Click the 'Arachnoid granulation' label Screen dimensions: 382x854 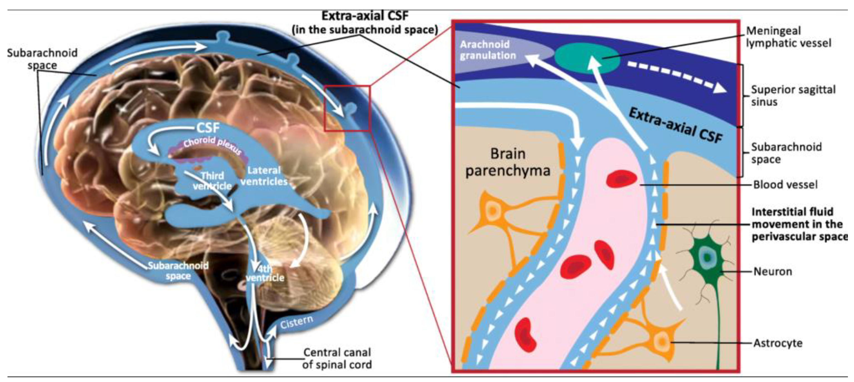tap(487, 50)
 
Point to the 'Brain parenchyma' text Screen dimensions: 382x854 tap(508, 162)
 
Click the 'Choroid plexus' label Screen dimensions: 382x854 tap(212, 145)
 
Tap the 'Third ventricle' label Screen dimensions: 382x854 tap(212, 180)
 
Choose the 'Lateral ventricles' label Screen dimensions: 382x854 tap(264, 176)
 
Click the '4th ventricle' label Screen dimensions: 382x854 tap(265, 273)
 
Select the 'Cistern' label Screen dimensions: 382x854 tap(296, 322)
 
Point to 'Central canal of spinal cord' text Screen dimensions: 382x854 tap(337, 358)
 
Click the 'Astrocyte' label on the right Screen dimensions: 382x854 tap(778, 343)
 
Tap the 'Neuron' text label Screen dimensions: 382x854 tap(773, 272)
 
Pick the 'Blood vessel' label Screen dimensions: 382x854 tap(785, 185)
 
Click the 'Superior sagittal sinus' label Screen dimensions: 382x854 tap(793, 95)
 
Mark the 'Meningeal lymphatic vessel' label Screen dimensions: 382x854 tap(788, 37)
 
